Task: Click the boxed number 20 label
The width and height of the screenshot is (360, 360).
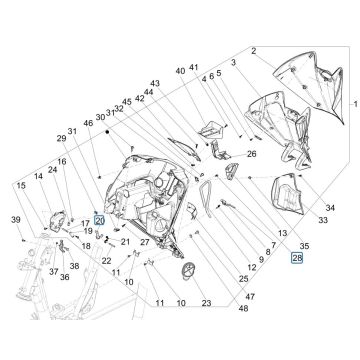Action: click(99, 221)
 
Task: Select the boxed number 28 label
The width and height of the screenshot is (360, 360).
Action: click(296, 257)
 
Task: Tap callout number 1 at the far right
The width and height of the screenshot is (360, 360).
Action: click(351, 104)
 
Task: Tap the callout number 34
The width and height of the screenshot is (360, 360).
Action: click(331, 208)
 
